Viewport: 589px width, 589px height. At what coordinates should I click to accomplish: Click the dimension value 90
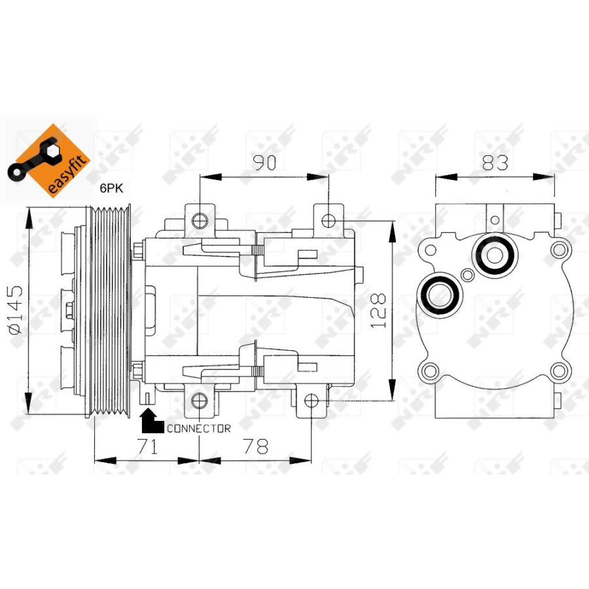pyautogui.click(x=264, y=163)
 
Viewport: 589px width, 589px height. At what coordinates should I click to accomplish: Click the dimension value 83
pyautogui.click(x=495, y=163)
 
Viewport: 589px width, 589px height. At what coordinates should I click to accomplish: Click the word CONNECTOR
pyautogui.click(x=198, y=429)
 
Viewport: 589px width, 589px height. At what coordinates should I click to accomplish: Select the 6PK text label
pyautogui.click(x=111, y=188)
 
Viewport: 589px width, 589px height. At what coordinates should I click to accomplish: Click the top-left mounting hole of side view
pyautogui.click(x=200, y=219)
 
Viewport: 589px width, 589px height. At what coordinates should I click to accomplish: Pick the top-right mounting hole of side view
pyautogui.click(x=329, y=217)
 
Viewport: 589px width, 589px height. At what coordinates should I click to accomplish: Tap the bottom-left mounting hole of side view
pyautogui.click(x=199, y=401)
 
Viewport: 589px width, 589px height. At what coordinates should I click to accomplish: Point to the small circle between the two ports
pyautogui.click(x=467, y=275)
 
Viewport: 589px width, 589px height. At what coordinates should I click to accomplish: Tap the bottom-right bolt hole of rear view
pyautogui.click(x=559, y=372)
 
